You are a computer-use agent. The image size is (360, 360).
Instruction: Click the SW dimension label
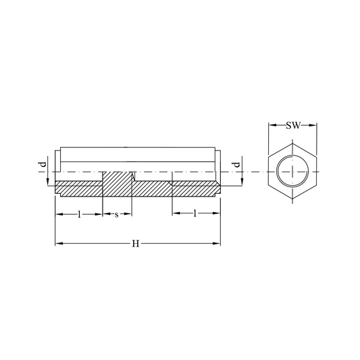point(293,126)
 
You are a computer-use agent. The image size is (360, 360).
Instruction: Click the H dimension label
point(136,244)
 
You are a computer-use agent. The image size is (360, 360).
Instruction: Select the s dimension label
point(117,215)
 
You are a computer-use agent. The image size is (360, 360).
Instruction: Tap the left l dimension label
point(79,214)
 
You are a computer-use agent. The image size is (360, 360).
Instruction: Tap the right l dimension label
point(195,213)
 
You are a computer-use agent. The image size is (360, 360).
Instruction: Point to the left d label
point(43,164)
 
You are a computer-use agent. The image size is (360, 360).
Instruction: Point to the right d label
point(236,164)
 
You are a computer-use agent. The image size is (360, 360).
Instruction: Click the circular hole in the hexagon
point(292,171)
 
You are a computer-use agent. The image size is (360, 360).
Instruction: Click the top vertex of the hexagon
point(292,144)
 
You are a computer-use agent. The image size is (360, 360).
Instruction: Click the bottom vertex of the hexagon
point(292,199)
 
